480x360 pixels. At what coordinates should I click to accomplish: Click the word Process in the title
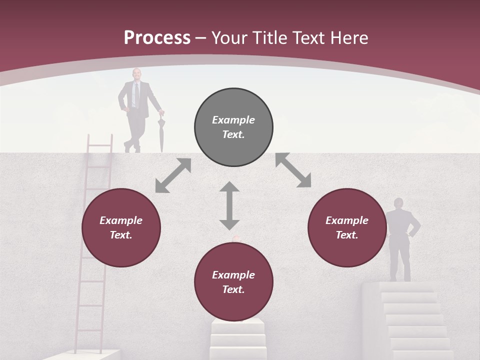click(157, 38)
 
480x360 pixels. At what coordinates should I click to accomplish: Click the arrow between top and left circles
click(173, 175)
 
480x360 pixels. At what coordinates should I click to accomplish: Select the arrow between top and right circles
click(293, 170)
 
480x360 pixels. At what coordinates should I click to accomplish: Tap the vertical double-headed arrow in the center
click(229, 205)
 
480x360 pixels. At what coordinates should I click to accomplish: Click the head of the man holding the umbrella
click(136, 74)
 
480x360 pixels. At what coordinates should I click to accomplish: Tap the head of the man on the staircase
click(398, 203)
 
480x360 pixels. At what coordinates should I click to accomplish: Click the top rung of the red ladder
click(100, 145)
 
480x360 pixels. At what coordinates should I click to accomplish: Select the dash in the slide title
click(201, 38)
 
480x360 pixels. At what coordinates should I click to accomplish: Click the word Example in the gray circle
click(233, 120)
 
